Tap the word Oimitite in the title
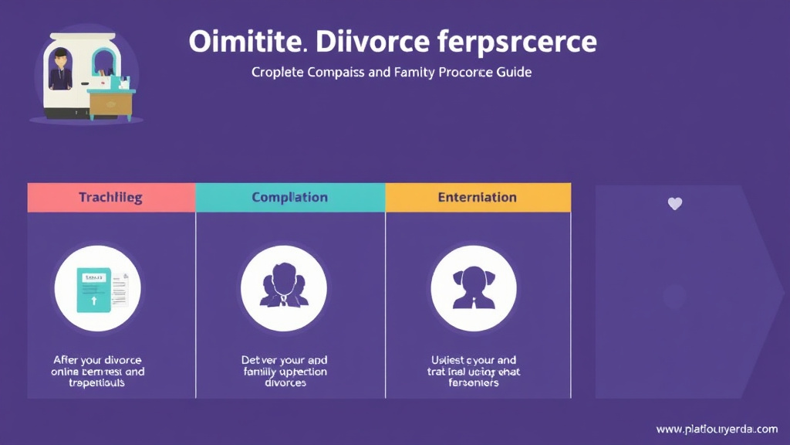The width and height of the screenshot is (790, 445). tap(248, 42)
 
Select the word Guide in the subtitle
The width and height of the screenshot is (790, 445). tap(513, 73)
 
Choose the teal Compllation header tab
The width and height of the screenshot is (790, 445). tap(290, 198)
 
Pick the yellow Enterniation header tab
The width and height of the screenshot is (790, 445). tap(477, 198)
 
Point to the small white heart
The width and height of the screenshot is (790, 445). tap(675, 204)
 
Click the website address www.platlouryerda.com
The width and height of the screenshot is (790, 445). tap(717, 429)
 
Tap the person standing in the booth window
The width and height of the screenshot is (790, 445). tap(61, 68)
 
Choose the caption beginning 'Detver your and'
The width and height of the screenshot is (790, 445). tap(284, 372)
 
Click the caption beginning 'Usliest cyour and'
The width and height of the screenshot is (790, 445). tap(474, 372)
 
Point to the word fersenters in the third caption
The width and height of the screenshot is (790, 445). tap(474, 383)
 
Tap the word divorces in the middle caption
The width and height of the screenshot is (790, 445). tap(285, 383)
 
